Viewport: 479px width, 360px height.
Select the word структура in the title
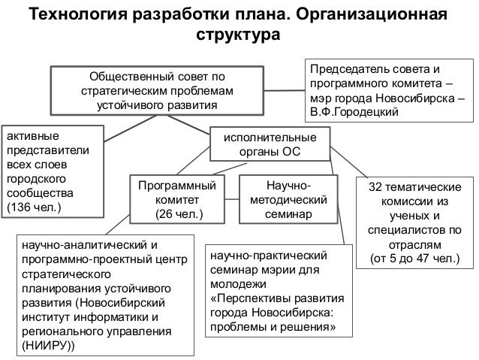coord(239,35)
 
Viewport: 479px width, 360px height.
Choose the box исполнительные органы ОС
coord(268,145)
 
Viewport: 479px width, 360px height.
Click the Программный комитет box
coord(178,200)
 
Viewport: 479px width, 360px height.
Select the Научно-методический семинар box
coord(288,200)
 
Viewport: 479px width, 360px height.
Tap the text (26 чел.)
coord(178,215)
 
